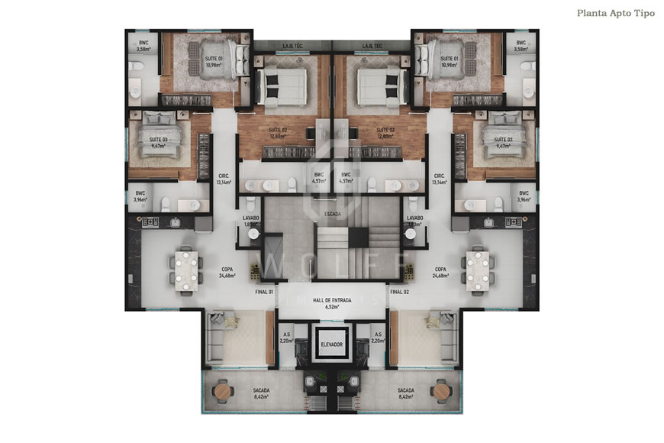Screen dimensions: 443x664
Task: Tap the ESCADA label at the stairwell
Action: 332,213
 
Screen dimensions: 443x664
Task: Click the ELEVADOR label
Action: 332,344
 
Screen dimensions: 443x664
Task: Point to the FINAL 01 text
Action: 265,292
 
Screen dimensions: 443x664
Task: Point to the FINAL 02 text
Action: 399,292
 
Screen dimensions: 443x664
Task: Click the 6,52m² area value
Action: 332,307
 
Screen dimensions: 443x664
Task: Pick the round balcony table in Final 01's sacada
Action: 221,392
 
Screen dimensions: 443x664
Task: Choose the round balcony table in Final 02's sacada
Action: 443,392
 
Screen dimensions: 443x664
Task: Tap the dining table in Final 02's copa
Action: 478,269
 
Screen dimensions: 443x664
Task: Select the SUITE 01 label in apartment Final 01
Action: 213,61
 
